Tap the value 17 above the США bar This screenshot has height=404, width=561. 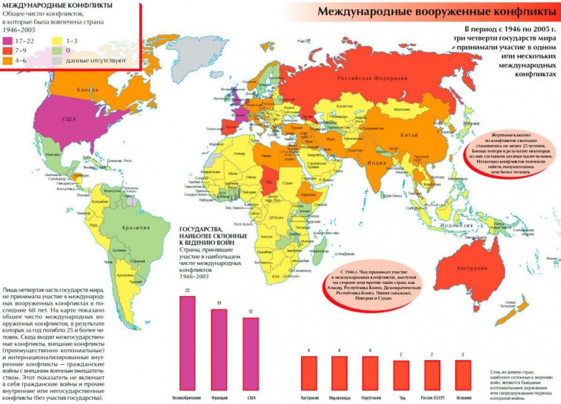coord(251,311)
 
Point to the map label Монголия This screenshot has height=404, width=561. coord(402,111)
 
